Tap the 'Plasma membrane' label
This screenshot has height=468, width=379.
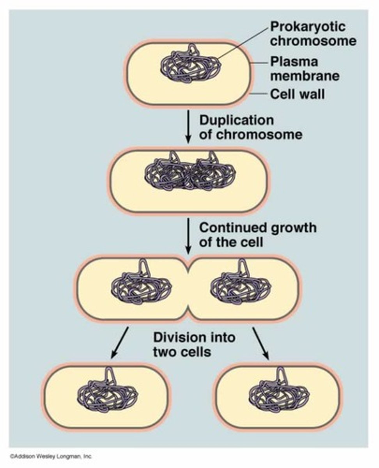[x=305, y=68]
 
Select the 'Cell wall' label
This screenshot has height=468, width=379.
[x=297, y=94]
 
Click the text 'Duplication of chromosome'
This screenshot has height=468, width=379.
[x=250, y=127]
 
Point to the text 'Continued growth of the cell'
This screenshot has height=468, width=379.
[x=257, y=234]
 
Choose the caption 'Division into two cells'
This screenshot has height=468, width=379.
[x=194, y=344]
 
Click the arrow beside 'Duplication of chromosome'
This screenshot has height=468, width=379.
[x=188, y=126]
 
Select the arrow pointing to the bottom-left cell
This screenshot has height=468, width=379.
[x=120, y=343]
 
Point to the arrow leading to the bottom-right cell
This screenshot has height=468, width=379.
[x=261, y=343]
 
